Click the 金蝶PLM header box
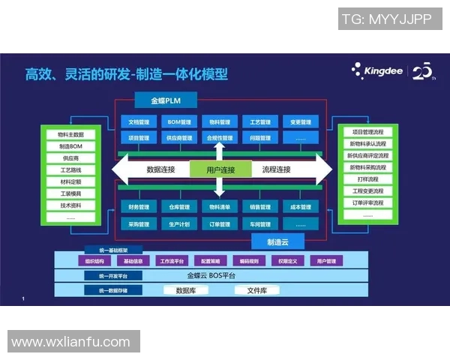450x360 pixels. [166, 100]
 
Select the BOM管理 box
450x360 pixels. [180, 121]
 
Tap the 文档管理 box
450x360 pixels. [139, 121]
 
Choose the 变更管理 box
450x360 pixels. [300, 121]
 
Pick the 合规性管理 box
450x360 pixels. [220, 138]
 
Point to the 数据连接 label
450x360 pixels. [160, 169]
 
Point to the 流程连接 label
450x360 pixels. [276, 169]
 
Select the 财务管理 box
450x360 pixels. [139, 207]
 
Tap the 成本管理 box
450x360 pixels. [300, 207]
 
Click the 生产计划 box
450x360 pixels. [180, 223]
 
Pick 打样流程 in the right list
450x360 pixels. [367, 179]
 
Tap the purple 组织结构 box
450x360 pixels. [95, 261]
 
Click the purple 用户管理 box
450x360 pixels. [326, 261]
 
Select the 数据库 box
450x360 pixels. [186, 290]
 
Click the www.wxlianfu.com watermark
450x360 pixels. [70, 342]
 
